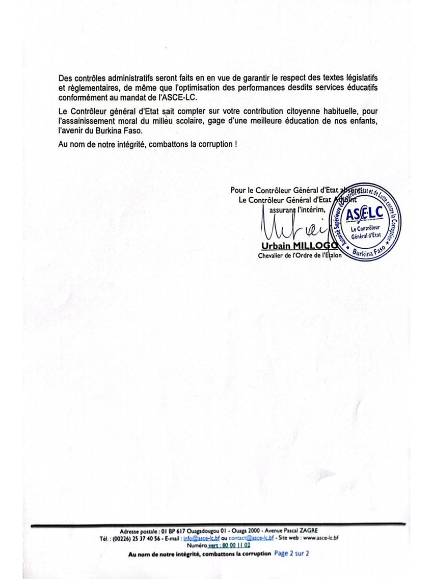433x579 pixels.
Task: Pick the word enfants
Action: pyautogui.click(x=363, y=120)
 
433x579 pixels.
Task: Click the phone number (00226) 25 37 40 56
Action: pyautogui.click(x=133, y=538)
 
